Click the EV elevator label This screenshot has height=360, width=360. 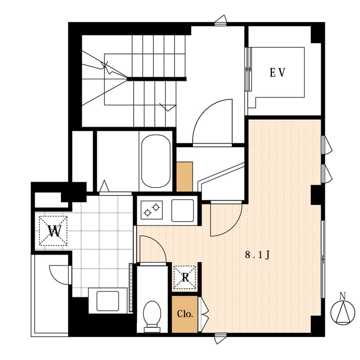click(277, 72)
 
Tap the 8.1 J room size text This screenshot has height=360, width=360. click(257, 255)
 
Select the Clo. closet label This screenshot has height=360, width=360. click(184, 314)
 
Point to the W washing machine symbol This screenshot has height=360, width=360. click(53, 231)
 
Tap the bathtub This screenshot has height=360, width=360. click(156, 161)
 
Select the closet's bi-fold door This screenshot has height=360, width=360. click(203, 314)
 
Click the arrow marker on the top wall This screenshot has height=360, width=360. click(220, 20)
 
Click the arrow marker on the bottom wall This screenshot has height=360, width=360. click(220, 338)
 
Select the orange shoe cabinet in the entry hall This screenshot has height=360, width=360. click(184, 176)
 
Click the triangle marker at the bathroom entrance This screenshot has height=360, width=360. click(104, 186)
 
